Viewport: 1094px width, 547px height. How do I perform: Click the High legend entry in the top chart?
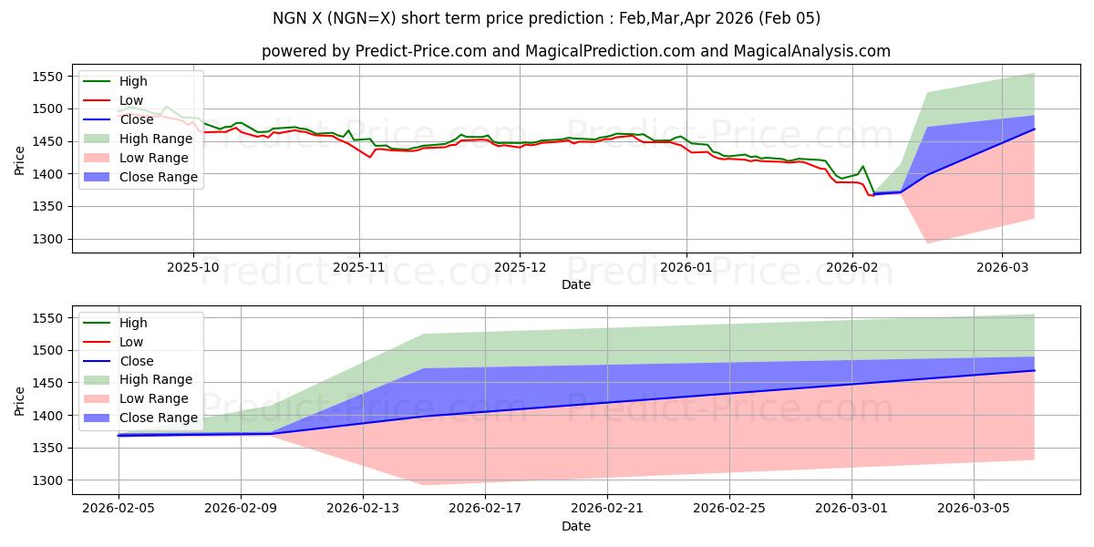[133, 81]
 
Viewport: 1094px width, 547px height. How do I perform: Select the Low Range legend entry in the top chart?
[155, 158]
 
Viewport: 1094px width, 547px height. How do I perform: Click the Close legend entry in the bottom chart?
[137, 361]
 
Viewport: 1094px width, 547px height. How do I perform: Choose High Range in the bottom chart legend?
[156, 379]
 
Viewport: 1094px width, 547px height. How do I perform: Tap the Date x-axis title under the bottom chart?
[575, 526]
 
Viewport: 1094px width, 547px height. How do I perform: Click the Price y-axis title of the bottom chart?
[20, 400]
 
